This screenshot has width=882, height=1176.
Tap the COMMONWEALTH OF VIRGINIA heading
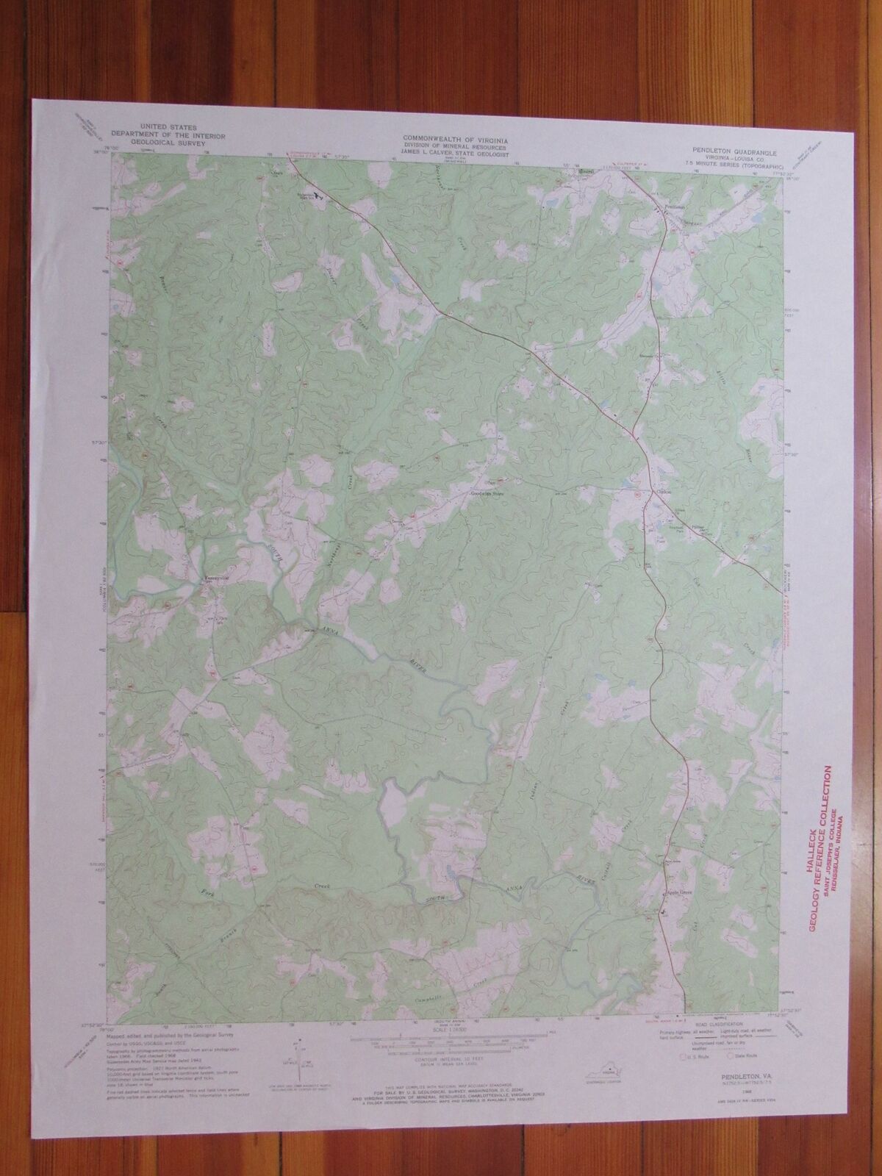click(x=450, y=137)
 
